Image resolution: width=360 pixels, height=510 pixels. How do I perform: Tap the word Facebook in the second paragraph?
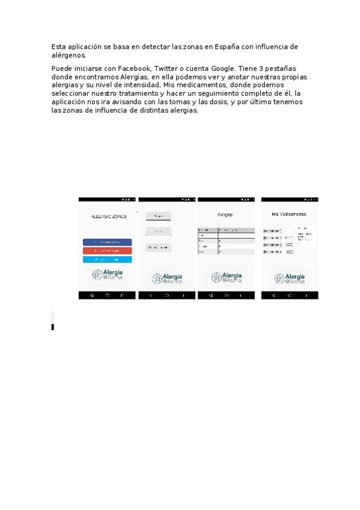click(138, 69)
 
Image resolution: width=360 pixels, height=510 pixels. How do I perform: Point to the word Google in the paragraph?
click(224, 69)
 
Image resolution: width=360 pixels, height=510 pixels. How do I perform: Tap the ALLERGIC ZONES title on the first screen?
click(108, 217)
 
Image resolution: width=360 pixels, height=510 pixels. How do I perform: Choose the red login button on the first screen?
click(107, 251)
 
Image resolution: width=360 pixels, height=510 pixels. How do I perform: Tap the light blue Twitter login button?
click(107, 259)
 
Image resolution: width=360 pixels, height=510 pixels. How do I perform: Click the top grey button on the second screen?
click(159, 216)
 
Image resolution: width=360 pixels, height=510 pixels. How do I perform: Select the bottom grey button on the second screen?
click(159, 247)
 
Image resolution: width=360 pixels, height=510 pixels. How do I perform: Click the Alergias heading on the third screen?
click(225, 215)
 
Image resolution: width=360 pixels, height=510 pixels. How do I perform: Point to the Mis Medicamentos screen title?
click(289, 214)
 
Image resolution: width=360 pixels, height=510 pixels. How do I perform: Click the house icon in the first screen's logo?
click(96, 275)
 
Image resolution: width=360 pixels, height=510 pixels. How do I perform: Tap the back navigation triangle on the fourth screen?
click(273, 296)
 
